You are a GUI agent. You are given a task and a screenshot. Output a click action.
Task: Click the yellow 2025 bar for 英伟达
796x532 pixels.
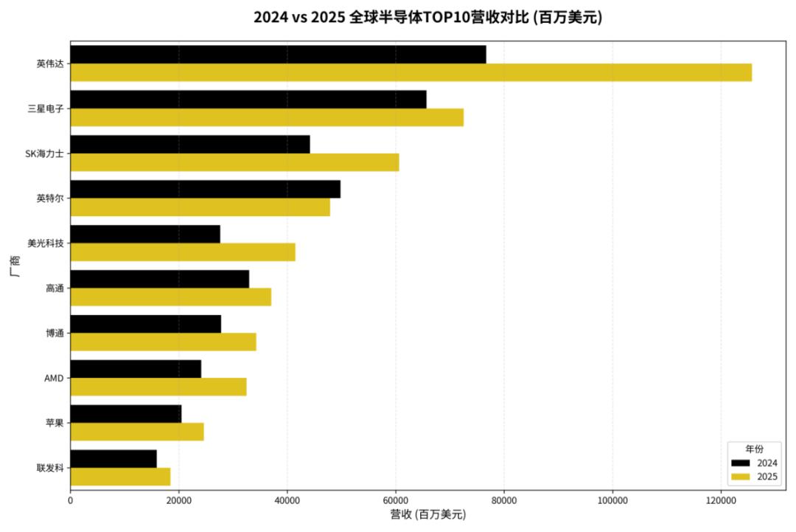(411, 72)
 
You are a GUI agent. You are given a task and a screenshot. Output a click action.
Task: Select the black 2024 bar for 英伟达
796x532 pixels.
(278, 55)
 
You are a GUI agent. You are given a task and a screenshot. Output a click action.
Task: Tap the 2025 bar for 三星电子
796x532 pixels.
(267, 117)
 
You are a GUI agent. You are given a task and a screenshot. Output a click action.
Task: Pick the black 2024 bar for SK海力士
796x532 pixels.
(190, 144)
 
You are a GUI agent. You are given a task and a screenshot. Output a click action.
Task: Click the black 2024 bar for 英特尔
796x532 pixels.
(205, 189)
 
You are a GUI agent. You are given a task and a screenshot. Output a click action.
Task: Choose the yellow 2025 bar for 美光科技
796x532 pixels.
(183, 252)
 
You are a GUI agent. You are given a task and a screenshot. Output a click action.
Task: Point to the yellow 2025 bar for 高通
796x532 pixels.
(170, 297)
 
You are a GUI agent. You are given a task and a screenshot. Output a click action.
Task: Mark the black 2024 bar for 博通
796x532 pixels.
(145, 324)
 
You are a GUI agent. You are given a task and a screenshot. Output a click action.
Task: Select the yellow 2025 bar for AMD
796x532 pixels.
(158, 387)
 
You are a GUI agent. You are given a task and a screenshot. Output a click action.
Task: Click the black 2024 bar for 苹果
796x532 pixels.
(125, 414)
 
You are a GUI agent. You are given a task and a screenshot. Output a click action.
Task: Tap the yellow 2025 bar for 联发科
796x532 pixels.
(120, 477)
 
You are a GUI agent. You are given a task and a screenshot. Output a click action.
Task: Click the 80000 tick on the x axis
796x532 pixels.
(503, 500)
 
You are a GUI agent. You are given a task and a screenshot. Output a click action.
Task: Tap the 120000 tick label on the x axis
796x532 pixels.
(720, 500)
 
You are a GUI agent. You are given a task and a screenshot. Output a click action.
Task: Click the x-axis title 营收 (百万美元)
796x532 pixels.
(427, 515)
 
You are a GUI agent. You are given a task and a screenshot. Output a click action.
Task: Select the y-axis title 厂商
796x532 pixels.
(15, 266)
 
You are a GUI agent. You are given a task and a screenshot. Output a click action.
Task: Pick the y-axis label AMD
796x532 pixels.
(54, 379)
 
